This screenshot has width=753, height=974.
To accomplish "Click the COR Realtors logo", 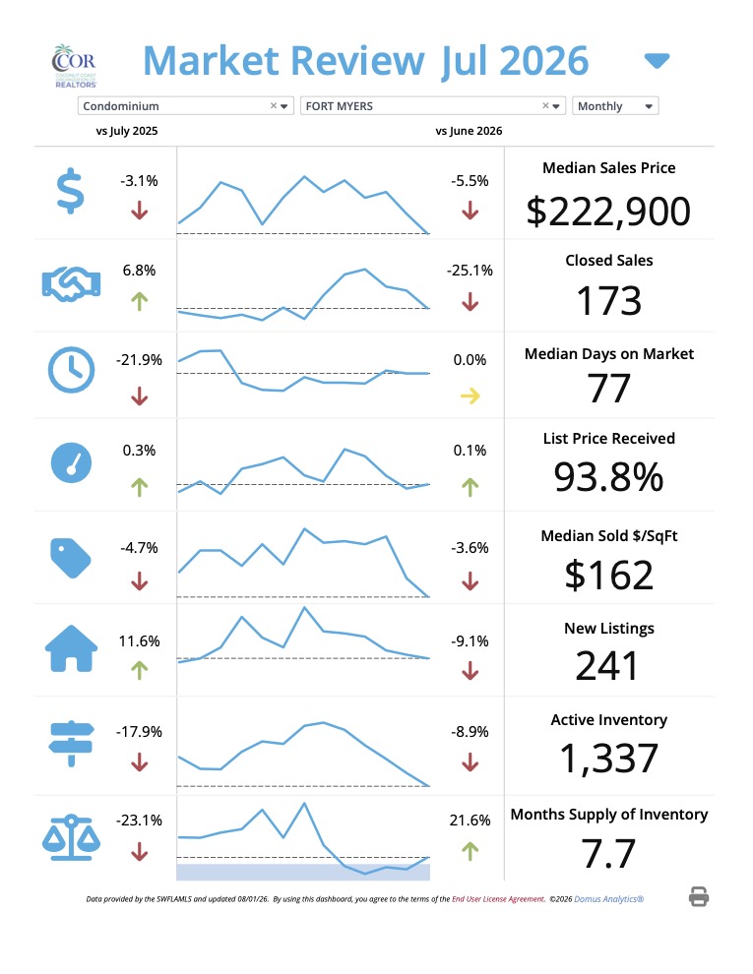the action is [74, 66].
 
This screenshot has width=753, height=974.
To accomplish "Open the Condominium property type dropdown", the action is [185, 106].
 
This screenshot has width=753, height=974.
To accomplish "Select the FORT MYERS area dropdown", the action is [432, 106].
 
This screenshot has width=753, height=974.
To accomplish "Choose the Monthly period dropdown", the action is [615, 106].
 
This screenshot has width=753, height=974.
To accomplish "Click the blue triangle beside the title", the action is [657, 60].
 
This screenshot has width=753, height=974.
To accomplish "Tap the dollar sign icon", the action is [70, 191].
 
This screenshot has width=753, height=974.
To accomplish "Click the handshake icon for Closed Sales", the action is [71, 284].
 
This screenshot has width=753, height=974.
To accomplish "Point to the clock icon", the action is [72, 370].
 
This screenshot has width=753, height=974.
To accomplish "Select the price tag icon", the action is [70, 558].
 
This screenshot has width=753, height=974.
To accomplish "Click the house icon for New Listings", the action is [72, 648].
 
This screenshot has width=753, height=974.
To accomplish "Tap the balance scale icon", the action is [71, 837].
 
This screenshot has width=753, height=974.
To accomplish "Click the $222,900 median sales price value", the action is [608, 212].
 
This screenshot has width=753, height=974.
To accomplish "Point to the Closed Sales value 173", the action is [609, 301].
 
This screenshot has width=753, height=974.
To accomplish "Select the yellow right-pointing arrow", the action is [471, 396].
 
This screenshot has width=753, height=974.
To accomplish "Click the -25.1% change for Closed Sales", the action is [470, 271].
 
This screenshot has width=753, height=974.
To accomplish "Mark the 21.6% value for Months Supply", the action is [470, 821].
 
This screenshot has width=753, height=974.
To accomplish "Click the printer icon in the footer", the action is [699, 897].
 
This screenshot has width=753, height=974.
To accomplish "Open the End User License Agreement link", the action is [498, 899].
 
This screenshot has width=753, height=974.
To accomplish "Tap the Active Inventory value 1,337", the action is [609, 760].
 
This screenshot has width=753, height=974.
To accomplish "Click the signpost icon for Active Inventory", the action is [72, 744].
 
